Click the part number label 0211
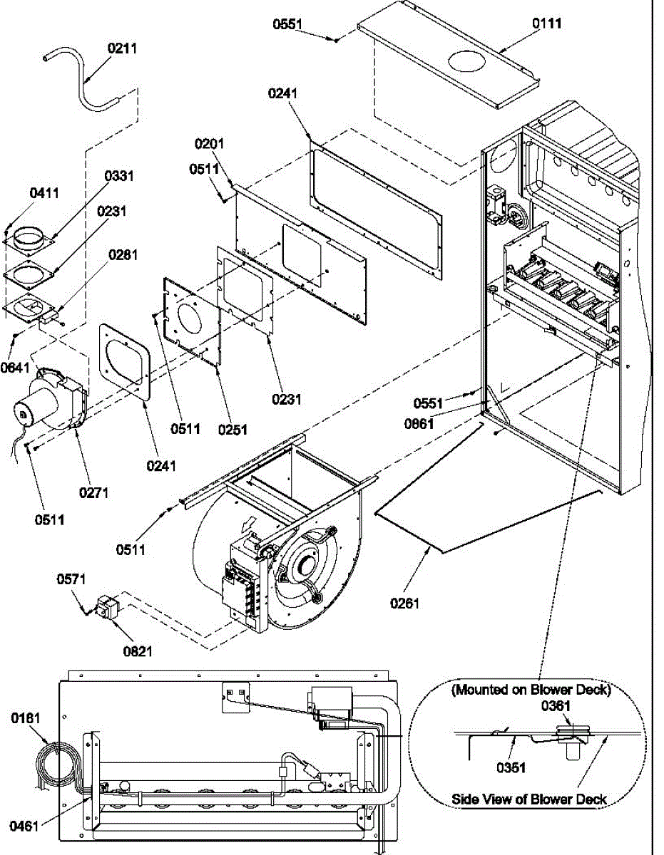pos(123,48)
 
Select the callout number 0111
pos(547,24)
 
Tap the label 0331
pos(120,176)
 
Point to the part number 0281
pos(123,254)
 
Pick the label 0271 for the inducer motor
pos(93,492)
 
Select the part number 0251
pos(233,429)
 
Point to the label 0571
pos(72,580)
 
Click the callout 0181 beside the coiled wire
pos(26,718)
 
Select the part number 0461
pos(24,826)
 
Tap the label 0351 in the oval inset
pos(511,768)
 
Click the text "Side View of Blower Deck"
pos(529,799)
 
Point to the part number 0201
pos(210,143)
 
